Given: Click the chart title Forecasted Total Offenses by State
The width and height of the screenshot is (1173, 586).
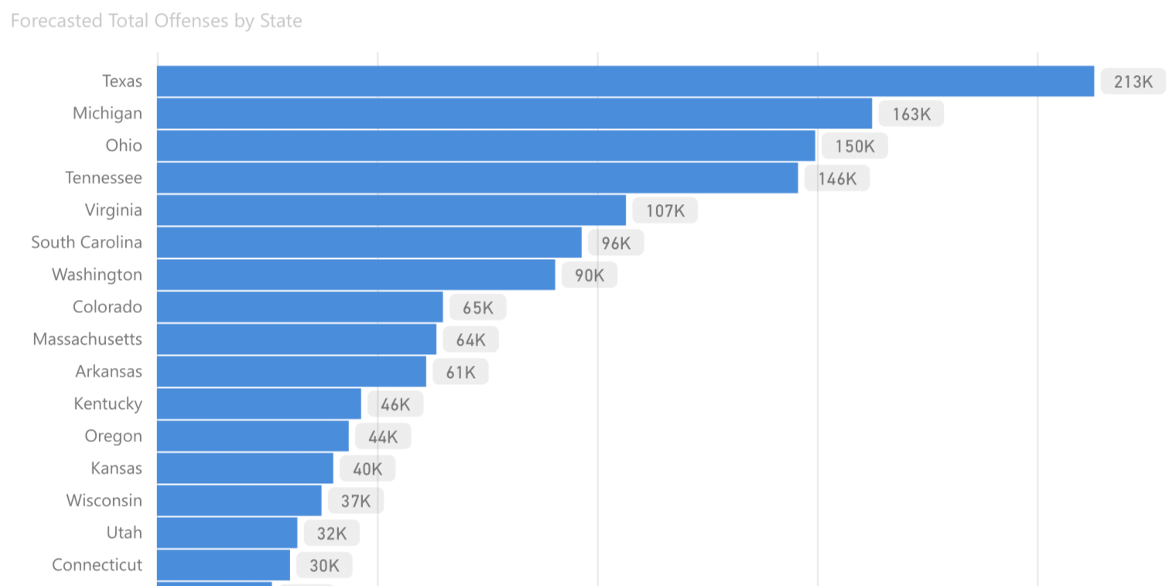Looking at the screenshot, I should click(156, 21).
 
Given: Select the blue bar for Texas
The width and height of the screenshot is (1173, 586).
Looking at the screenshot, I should click(625, 81).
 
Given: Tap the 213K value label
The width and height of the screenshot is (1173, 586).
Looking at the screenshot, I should click(1133, 82).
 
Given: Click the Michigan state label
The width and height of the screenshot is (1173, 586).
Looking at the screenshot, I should click(108, 114).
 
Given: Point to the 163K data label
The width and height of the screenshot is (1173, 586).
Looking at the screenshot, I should click(911, 114).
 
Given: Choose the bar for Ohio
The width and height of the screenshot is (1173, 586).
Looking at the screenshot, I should click(486, 145).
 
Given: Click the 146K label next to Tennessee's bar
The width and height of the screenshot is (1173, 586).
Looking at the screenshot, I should click(836, 179).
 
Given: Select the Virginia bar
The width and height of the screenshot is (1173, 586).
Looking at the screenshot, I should click(392, 210).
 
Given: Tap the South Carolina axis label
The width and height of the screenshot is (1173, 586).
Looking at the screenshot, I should click(87, 243).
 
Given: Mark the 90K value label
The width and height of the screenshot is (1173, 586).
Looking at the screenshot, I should click(589, 275).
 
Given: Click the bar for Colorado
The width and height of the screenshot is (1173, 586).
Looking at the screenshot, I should click(300, 307).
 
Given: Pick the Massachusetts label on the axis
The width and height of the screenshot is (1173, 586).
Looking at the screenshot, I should click(87, 339).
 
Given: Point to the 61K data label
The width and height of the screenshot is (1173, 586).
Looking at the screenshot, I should click(460, 373).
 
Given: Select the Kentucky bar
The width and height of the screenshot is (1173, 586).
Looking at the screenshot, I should click(259, 404).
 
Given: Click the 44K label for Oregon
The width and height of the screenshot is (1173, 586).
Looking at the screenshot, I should click(383, 437).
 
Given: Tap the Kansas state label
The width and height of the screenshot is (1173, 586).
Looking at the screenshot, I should click(116, 468).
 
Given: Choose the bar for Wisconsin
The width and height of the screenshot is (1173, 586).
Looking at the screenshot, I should click(239, 500).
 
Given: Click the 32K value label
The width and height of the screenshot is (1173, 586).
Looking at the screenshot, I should click(331, 533).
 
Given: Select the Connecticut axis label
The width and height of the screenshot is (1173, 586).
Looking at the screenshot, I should click(97, 565).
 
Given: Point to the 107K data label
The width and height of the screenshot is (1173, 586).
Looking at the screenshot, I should click(665, 211).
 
